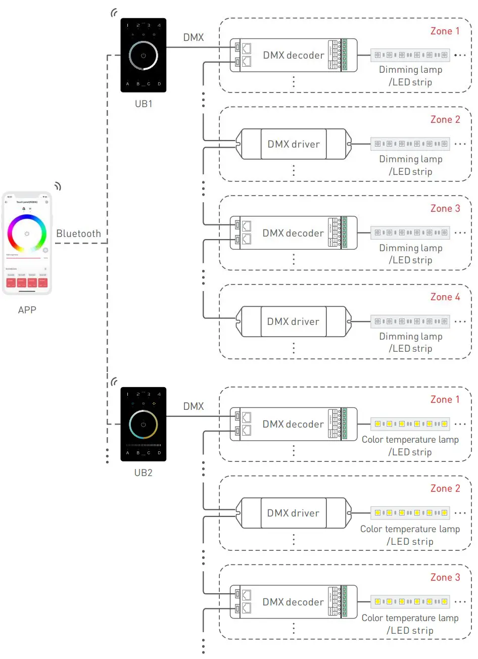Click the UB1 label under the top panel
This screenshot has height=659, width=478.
(143, 104)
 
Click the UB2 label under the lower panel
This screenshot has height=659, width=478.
(143, 473)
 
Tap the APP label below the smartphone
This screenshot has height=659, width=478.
(27, 310)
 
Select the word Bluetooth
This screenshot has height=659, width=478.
(78, 233)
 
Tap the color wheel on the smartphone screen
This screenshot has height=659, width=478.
(27, 233)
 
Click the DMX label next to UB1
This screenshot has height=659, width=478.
(194, 37)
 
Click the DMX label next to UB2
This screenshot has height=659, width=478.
(194, 406)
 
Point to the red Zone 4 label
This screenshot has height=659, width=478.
(445, 297)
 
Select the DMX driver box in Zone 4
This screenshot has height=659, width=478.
(293, 321)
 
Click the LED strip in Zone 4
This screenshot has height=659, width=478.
(410, 321)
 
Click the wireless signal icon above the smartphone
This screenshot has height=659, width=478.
(58, 186)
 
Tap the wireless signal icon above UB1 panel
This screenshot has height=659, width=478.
(115, 13)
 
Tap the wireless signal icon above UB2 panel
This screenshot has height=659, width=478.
(115, 381)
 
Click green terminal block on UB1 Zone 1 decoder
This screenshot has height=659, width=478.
(345, 55)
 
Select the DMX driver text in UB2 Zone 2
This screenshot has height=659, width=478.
(293, 513)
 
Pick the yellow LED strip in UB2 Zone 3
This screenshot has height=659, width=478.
(410, 602)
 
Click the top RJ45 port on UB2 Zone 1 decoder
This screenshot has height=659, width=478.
(247, 417)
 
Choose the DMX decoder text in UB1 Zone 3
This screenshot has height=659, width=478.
(293, 233)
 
